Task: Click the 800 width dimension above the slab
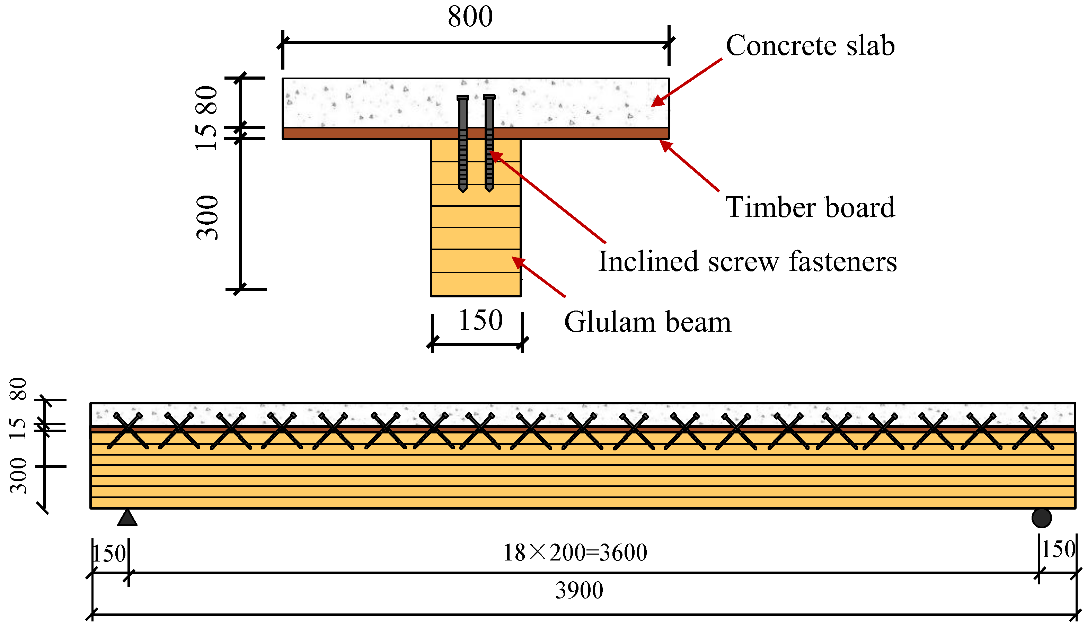click(x=470, y=17)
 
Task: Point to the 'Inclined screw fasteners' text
click(x=747, y=262)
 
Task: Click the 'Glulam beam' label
click(x=647, y=322)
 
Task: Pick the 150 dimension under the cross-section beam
click(x=480, y=321)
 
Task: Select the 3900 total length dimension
click(x=578, y=591)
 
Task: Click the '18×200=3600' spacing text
click(x=575, y=553)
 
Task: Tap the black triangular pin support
click(x=127, y=518)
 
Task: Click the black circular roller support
click(x=1041, y=518)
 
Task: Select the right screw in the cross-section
click(x=489, y=142)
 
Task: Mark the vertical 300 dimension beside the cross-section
click(x=207, y=218)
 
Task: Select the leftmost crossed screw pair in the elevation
click(x=128, y=431)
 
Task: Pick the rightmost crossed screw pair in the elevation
click(x=1033, y=431)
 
